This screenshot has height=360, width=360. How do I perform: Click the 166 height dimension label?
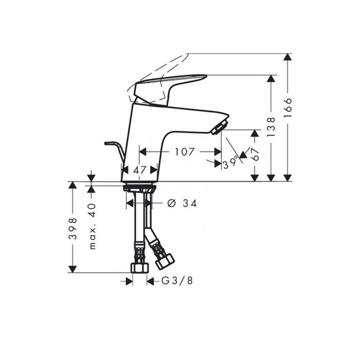pos(287,107)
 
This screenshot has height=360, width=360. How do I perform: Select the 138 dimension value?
pos(271,127)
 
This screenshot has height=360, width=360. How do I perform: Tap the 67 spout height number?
pos(255,154)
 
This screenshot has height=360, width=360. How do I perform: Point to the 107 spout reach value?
pos(185,152)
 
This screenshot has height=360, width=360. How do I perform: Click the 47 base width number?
pos(139,170)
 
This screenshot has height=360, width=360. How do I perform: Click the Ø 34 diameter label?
pos(182,203)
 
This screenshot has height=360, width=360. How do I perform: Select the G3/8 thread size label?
pos(177,281)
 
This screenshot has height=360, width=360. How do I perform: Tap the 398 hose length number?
pos(73,229)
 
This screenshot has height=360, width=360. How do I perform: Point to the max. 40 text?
pos(92,226)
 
